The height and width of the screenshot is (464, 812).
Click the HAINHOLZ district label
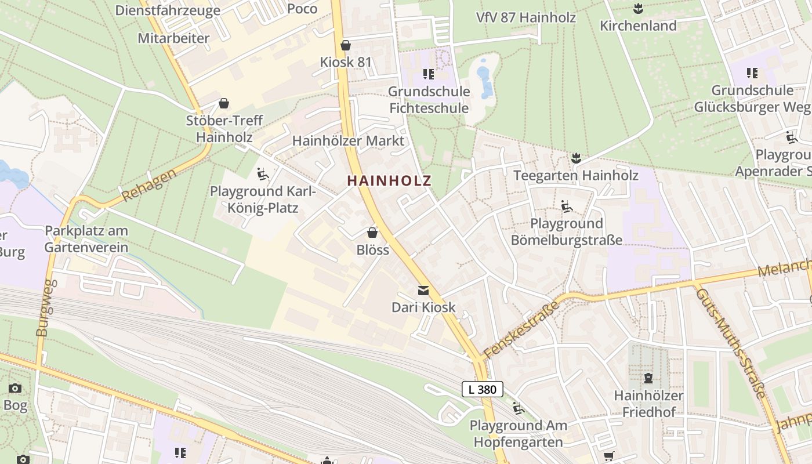[389, 180]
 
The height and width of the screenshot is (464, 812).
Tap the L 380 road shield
[482, 389]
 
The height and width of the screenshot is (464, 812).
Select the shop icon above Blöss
[372, 233]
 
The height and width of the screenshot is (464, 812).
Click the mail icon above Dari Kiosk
[423, 290]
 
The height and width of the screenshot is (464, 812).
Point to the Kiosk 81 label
[346, 62]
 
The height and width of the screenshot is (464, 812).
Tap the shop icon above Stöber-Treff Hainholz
[224, 104]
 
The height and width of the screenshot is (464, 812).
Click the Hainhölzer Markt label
[348, 141]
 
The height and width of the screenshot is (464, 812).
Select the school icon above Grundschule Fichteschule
[429, 74]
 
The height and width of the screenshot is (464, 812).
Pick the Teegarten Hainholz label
[576, 175]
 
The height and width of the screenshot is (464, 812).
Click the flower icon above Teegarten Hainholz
[576, 158]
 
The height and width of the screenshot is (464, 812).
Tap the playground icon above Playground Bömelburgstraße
[567, 206]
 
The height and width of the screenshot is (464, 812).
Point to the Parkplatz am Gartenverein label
[86, 239]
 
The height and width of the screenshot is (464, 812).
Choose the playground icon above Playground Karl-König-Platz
[262, 173]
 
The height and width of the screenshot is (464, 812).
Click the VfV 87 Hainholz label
[525, 17]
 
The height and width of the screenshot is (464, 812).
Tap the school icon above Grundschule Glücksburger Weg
[752, 73]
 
